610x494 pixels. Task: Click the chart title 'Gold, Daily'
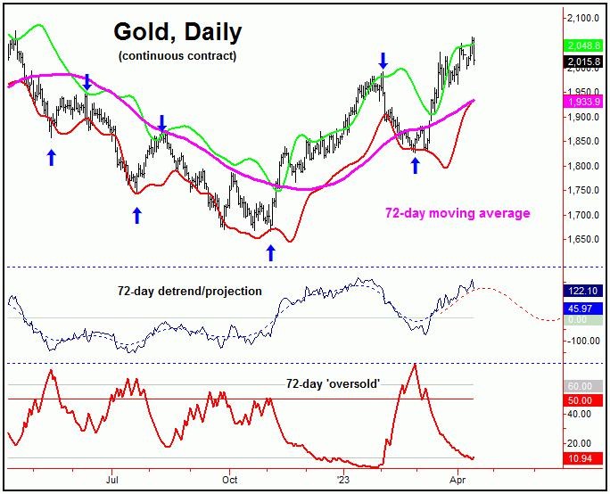[x=177, y=33]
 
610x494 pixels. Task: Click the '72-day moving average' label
[x=457, y=213]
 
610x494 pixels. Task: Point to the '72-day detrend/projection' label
[x=190, y=291]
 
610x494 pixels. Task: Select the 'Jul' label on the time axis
[x=112, y=478]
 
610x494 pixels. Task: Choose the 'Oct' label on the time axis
[x=229, y=478]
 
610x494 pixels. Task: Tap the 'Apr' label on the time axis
[x=457, y=478]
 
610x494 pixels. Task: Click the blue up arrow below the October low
[x=270, y=253]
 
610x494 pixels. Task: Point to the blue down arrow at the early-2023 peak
[x=383, y=61]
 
